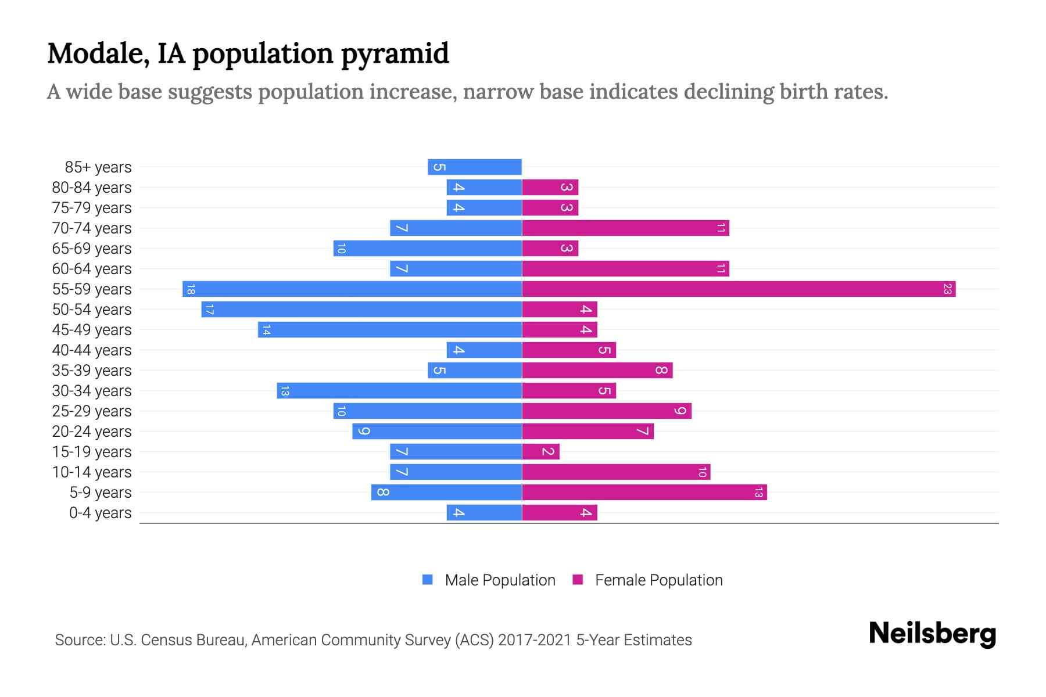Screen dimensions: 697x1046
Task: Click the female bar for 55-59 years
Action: [738, 289]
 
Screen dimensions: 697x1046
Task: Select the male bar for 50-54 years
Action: [361, 309]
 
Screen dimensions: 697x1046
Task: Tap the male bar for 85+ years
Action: [474, 167]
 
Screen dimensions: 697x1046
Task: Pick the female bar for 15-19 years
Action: [540, 451]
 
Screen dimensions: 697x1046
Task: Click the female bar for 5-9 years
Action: [644, 492]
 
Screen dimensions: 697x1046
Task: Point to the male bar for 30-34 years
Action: [399, 390]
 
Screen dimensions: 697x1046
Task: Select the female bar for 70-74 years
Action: [625, 228]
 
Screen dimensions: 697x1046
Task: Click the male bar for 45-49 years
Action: [390, 329]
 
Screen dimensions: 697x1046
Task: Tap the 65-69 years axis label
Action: [92, 249]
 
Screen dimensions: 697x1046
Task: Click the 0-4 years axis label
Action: [100, 513]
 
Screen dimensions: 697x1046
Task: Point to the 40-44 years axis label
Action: [92, 350]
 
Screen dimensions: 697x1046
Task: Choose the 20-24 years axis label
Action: [92, 432]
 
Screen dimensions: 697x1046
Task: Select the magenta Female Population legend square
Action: [578, 580]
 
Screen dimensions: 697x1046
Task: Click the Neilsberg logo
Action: [932, 633]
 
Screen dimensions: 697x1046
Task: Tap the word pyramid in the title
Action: [395, 54]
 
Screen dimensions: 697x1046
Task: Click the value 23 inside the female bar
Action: [947, 289]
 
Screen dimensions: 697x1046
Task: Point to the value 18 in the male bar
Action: [191, 289]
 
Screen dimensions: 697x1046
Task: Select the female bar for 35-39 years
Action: [597, 370]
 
